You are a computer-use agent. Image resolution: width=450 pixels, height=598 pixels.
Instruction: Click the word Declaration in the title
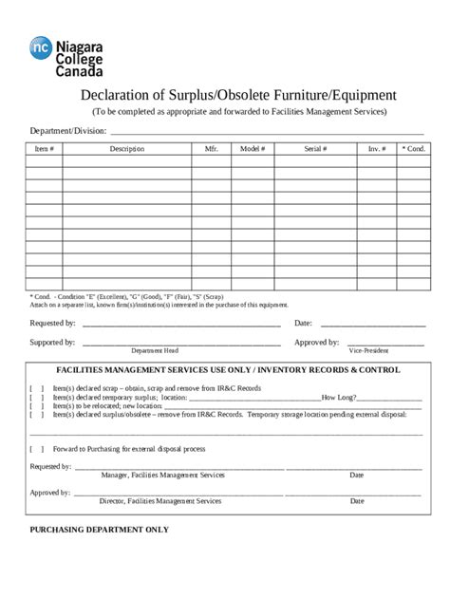(116, 96)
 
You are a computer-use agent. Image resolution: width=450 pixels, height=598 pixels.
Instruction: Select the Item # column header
(44, 149)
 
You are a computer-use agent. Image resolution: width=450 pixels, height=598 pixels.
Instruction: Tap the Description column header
(126, 149)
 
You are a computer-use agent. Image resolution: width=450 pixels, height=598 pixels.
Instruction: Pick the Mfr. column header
(211, 149)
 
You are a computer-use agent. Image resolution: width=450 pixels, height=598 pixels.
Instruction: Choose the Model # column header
(253, 149)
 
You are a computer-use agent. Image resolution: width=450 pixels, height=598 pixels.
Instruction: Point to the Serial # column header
(315, 149)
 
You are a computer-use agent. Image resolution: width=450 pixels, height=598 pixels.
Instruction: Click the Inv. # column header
(377, 149)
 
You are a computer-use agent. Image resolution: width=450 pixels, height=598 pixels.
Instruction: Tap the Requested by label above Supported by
(53, 324)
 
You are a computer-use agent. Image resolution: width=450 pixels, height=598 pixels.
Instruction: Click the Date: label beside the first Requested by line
(304, 324)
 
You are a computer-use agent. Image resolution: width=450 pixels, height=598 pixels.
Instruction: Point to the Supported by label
(53, 342)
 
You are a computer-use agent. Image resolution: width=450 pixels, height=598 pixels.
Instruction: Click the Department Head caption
(154, 350)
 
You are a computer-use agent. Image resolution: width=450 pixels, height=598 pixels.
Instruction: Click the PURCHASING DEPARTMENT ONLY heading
(100, 529)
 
